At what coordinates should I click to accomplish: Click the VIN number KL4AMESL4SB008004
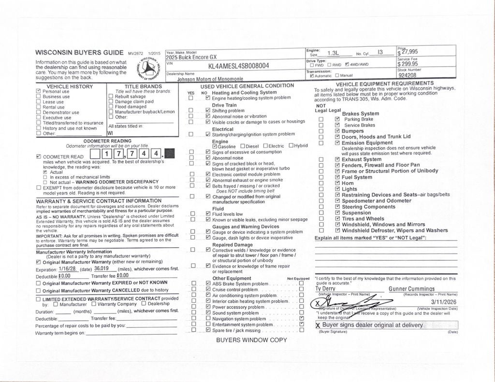pos(238,66)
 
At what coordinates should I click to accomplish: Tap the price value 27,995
pos(409,52)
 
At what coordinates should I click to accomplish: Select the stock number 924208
pos(408,75)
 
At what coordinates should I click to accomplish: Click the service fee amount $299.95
pos(408,64)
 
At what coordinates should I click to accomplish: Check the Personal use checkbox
pos(39,91)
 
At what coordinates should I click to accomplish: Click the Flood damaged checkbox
pos(111,107)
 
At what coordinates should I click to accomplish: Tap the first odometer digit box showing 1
pos(107,154)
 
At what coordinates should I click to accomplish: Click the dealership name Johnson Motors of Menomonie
pos(210,79)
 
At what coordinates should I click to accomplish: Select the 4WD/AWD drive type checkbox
pos(347,65)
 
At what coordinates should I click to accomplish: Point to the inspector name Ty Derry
pos(325,289)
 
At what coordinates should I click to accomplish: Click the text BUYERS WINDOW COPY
pos(251,340)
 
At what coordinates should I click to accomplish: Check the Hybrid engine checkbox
pos(291,146)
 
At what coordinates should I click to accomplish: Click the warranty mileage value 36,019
pos(101,269)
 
